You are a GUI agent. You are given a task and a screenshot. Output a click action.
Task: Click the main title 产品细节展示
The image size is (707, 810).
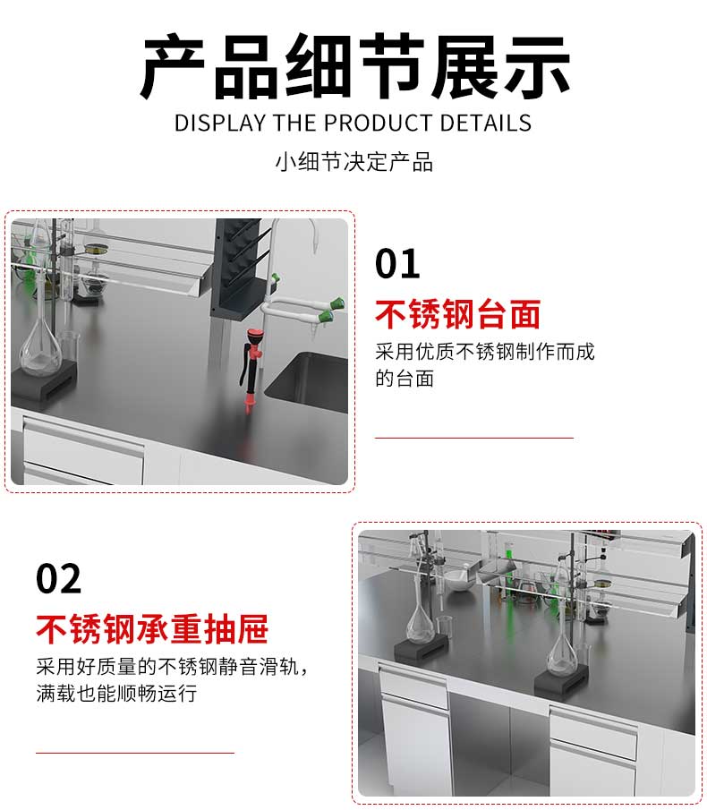[354, 65]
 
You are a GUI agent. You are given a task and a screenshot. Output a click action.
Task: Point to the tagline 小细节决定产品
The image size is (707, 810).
[353, 162]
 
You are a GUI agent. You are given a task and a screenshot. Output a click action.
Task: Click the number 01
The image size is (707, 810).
[397, 263]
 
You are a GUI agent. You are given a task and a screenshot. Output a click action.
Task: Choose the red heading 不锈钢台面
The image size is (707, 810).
[457, 314]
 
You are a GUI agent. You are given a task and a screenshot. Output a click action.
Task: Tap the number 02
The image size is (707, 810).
[58, 578]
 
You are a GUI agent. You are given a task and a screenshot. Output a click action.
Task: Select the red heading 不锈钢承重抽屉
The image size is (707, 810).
[152, 628]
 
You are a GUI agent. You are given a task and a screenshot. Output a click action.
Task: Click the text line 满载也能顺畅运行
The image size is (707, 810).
[116, 694]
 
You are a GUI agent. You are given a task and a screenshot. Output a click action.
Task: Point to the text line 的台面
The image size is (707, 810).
[405, 378]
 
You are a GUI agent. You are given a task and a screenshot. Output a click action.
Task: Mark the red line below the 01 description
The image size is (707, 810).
[474, 438]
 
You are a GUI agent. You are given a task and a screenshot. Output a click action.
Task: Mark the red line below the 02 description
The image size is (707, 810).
[135, 753]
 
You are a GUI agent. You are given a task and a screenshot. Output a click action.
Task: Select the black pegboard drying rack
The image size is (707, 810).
[239, 266]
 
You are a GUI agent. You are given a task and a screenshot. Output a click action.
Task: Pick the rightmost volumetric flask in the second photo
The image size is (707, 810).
[562, 635]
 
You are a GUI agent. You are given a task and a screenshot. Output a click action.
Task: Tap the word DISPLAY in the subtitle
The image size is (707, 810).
[220, 124]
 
